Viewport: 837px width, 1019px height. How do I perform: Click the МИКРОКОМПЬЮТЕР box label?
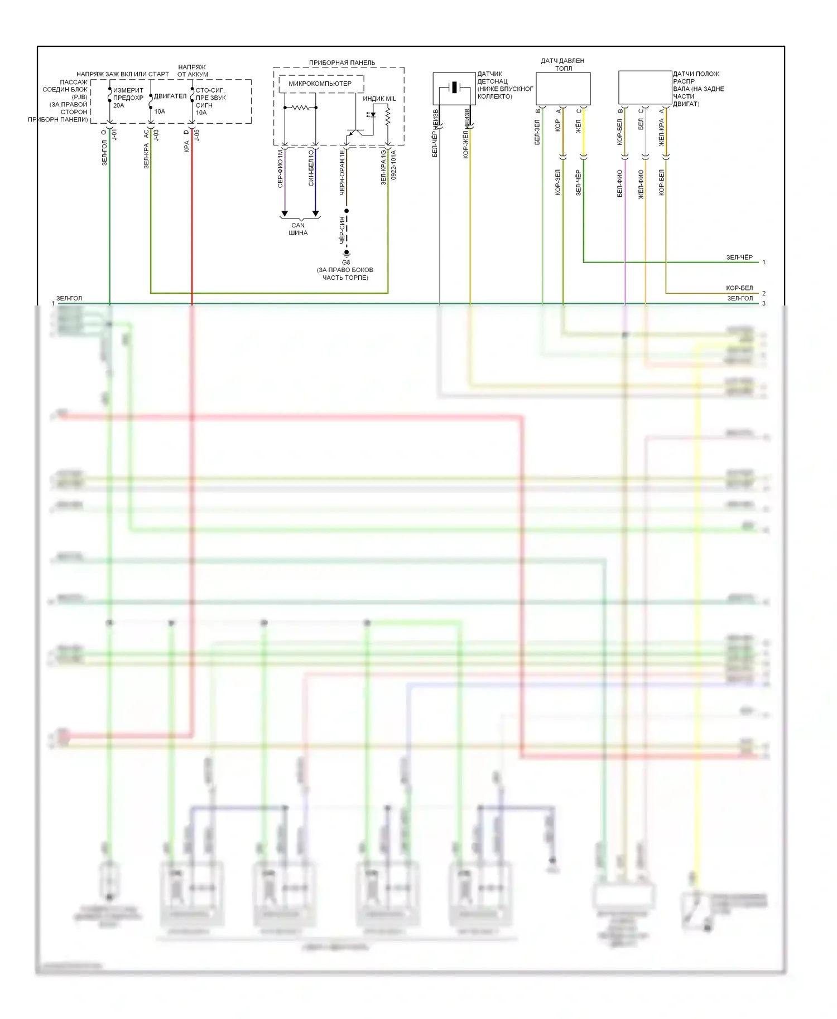coord(320,84)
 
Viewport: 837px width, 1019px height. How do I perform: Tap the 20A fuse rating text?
coord(119,105)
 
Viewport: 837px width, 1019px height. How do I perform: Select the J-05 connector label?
coord(196,135)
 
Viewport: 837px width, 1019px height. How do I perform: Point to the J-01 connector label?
coord(114,135)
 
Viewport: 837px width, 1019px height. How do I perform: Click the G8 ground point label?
coord(346,262)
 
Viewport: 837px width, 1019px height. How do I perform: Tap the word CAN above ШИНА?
coord(298,225)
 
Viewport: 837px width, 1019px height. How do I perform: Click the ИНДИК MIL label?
coord(379,99)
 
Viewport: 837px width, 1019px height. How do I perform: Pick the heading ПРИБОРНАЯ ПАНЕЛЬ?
coord(342,63)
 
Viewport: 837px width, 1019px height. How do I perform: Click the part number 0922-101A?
coord(393,164)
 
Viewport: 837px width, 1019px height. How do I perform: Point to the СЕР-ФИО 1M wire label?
coord(280,168)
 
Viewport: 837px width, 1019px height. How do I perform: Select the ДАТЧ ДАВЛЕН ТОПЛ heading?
coord(562,65)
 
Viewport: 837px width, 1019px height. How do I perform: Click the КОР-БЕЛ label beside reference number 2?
coord(739,288)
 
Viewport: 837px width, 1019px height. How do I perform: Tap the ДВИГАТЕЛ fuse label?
coord(170,96)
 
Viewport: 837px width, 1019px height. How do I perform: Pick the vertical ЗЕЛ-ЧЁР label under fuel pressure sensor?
coord(578,182)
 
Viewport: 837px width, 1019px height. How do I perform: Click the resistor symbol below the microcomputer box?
coord(300,108)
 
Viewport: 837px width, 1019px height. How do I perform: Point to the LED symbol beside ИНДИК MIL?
coord(371,115)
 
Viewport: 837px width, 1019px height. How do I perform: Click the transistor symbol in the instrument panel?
coord(353,132)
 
